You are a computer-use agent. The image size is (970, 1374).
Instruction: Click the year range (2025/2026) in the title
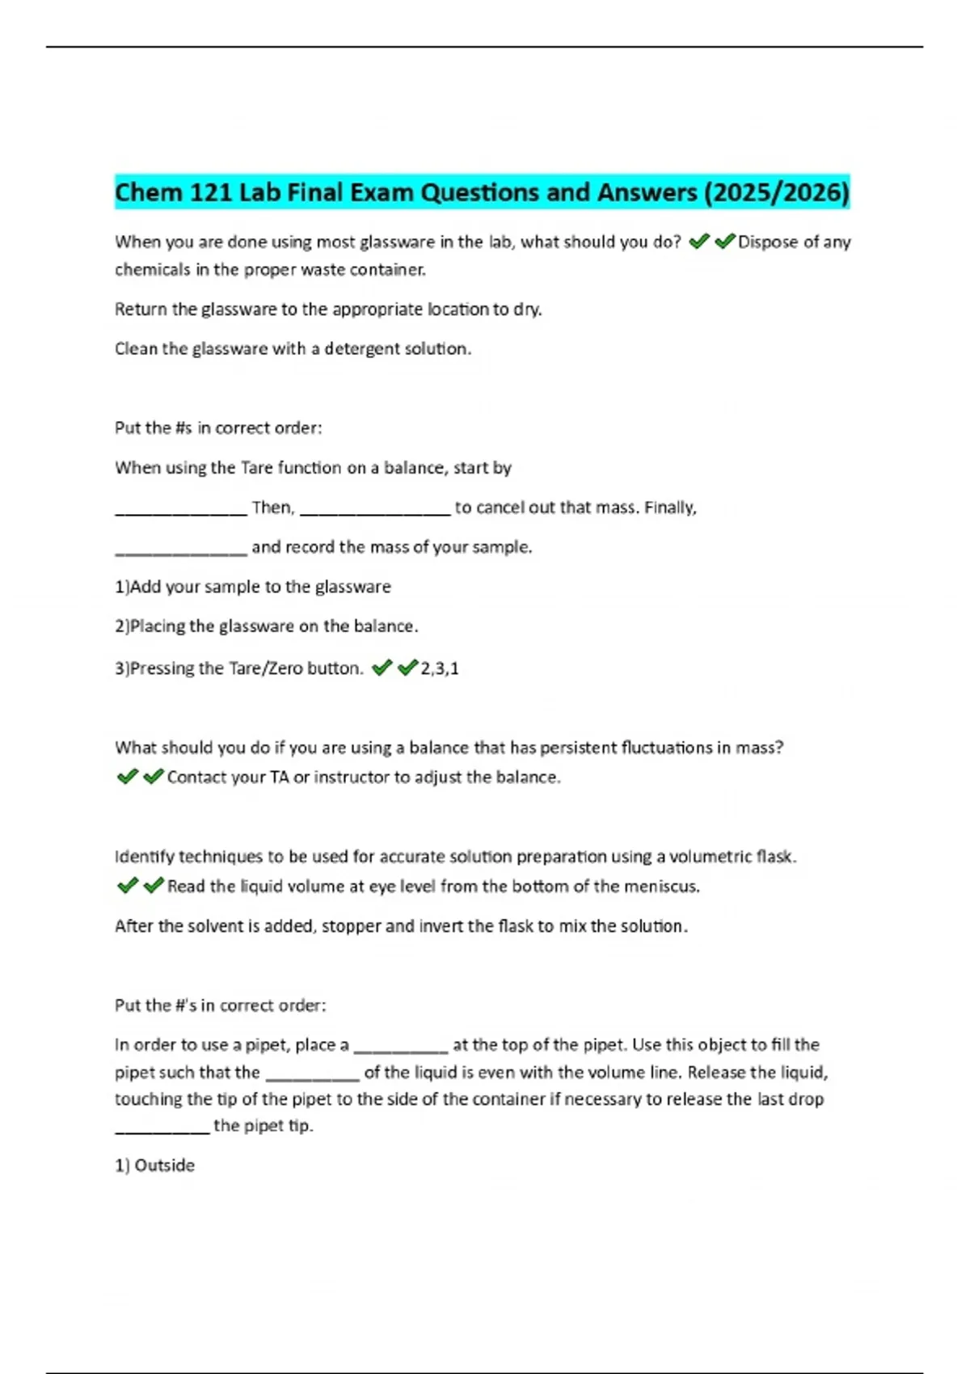click(x=777, y=192)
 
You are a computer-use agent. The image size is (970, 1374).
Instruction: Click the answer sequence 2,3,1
click(x=440, y=668)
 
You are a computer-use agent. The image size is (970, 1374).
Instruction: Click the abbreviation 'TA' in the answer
click(x=279, y=778)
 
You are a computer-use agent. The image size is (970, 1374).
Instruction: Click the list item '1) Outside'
click(x=154, y=1165)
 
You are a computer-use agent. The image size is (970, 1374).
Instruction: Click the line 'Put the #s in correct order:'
click(x=218, y=428)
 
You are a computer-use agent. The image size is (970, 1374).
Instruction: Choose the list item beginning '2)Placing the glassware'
click(x=266, y=626)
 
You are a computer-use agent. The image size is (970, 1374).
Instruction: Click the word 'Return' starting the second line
click(x=141, y=310)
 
